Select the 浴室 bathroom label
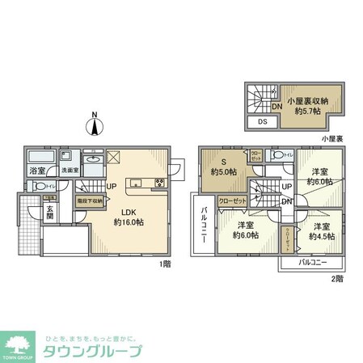(37, 171)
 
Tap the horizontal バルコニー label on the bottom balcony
(314, 263)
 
